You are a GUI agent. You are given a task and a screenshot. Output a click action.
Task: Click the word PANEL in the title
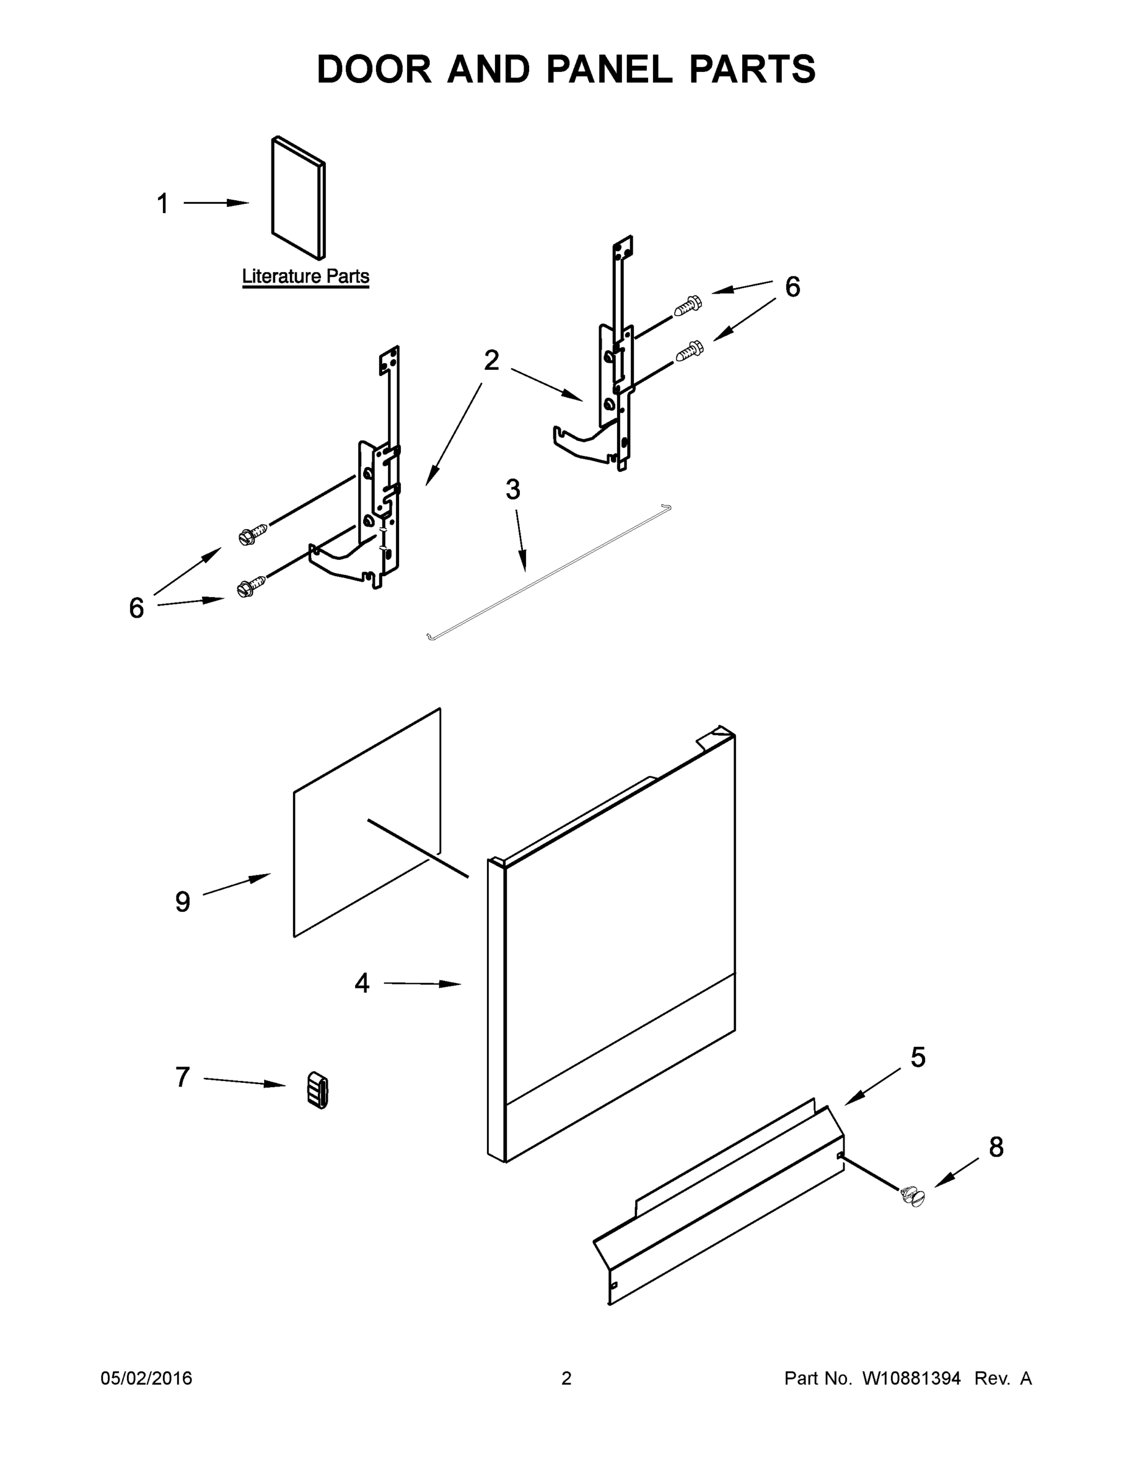(x=608, y=69)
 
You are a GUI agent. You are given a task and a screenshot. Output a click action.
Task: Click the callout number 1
(x=162, y=204)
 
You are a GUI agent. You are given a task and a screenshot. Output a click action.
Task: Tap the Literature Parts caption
(x=305, y=277)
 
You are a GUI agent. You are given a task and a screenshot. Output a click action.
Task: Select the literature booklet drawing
(x=298, y=198)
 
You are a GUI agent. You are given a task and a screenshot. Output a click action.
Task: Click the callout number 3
(x=513, y=490)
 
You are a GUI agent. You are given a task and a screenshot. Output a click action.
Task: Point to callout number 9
(x=182, y=902)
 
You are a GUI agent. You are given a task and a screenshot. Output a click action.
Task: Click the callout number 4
(x=361, y=983)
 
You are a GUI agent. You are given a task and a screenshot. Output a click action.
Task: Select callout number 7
(x=182, y=1077)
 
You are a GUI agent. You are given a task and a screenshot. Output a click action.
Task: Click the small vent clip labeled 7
(x=318, y=1090)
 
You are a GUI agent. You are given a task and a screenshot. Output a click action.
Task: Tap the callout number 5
(x=918, y=1058)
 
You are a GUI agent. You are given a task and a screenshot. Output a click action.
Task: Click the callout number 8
(x=996, y=1148)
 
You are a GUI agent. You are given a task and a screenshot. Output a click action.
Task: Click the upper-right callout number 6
(x=792, y=287)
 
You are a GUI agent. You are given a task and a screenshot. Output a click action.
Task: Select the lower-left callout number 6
(x=136, y=609)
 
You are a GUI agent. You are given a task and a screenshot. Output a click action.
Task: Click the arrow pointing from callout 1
(x=216, y=203)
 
